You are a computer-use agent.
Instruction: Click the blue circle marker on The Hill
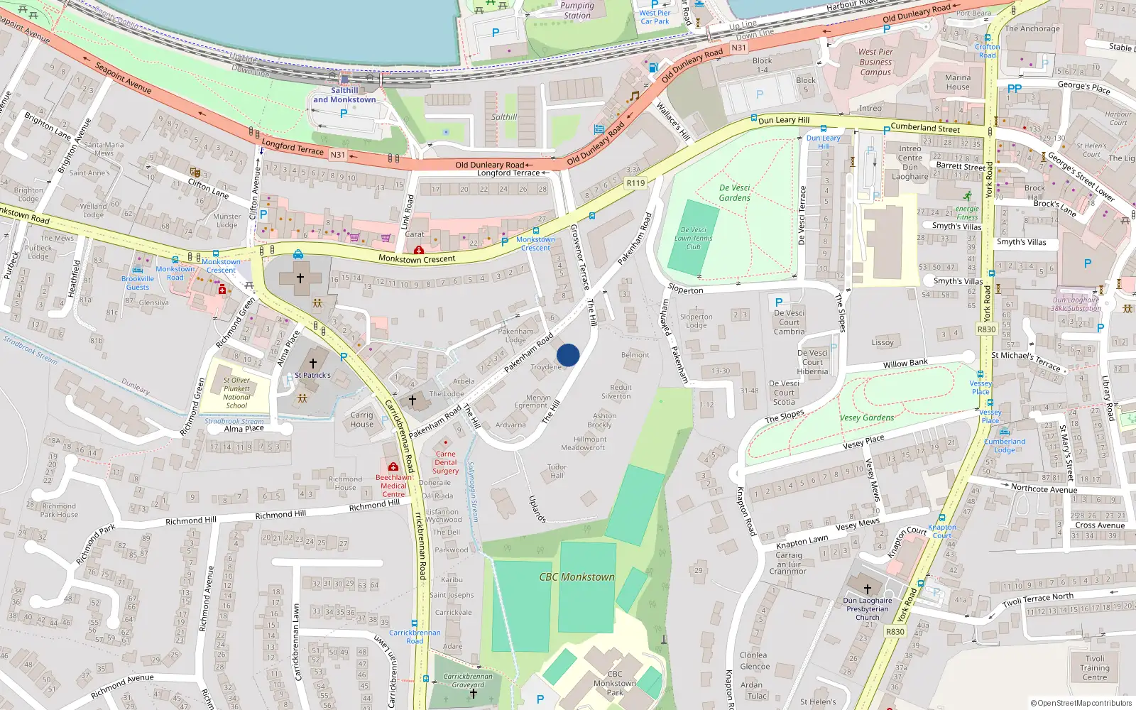tap(568, 355)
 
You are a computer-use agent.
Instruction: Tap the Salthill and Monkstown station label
tap(344, 95)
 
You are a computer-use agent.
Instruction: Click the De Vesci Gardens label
tap(734, 193)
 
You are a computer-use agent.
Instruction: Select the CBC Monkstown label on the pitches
tap(577, 577)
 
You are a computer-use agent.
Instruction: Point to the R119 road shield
tap(635, 183)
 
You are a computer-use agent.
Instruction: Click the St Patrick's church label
tap(312, 375)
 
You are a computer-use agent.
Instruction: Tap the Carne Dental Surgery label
tap(445, 462)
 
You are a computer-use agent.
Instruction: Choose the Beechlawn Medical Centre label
tap(393, 486)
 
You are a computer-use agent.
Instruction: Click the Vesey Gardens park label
tap(867, 417)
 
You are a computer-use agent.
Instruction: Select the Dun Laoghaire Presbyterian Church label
tap(867, 608)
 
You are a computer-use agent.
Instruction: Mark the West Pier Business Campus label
tap(875, 62)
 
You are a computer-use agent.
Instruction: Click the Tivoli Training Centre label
tap(1094, 667)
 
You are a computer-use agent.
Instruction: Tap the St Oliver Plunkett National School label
tap(236, 393)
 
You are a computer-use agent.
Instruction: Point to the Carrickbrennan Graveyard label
tap(468, 680)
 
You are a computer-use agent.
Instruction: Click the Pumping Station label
tap(577, 10)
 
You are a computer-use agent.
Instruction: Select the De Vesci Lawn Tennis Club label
tap(693, 238)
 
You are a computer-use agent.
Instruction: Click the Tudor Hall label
tap(557, 471)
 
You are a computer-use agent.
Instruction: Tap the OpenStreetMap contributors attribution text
tap(1081, 703)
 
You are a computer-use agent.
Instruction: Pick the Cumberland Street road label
tap(924, 128)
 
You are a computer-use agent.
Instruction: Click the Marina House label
tap(957, 82)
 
